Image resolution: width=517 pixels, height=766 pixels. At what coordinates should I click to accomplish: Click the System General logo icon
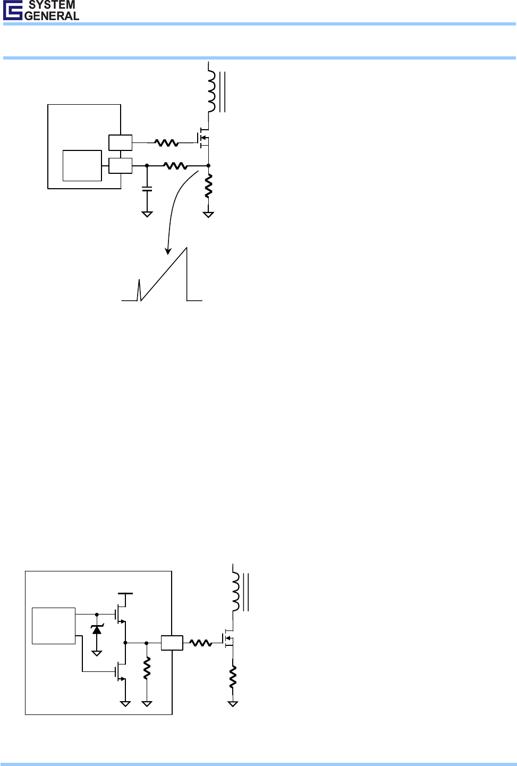click(x=12, y=10)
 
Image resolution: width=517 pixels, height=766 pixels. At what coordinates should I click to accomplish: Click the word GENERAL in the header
click(x=52, y=16)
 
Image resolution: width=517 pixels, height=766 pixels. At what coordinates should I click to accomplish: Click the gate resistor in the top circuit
click(x=166, y=142)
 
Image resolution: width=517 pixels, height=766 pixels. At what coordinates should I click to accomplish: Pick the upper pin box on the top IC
click(x=120, y=142)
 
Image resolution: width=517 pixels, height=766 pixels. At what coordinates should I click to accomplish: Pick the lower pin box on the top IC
click(x=120, y=165)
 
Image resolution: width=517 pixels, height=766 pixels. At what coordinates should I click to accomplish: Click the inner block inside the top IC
click(x=82, y=165)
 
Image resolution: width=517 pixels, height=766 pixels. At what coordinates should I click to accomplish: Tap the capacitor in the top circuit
click(x=147, y=188)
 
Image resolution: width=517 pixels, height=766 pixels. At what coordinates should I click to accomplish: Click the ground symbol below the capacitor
click(x=147, y=214)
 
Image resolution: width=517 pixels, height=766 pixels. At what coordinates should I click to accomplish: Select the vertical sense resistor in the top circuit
click(x=208, y=186)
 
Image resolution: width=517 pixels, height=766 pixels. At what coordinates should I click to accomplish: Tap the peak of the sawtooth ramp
click(x=186, y=249)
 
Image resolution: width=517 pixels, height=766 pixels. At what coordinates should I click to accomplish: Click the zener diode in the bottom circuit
click(x=97, y=629)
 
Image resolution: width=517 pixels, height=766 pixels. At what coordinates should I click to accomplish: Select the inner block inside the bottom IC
click(x=54, y=626)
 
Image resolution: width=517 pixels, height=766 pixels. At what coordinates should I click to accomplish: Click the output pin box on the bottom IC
click(x=172, y=643)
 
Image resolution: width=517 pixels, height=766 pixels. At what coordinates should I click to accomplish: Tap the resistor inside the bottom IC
click(x=147, y=668)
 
